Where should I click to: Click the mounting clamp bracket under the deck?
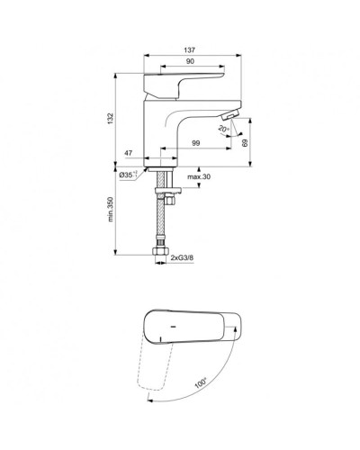tap(164, 191)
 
